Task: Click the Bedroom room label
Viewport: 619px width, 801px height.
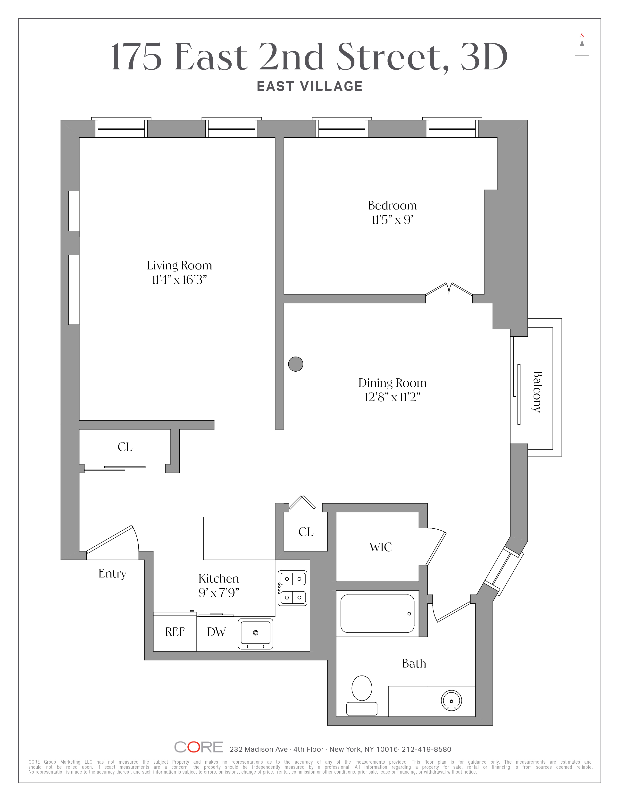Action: [x=392, y=205]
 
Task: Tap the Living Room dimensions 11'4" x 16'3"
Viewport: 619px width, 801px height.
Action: [x=179, y=280]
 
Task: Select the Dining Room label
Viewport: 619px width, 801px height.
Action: [x=392, y=383]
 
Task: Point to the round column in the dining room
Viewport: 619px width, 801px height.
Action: [x=296, y=364]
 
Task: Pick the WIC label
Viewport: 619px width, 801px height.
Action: [x=381, y=547]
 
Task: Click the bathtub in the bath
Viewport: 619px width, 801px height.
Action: [x=377, y=614]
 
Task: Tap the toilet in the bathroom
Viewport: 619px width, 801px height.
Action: [x=362, y=695]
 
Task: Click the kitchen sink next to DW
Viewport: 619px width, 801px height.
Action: [x=256, y=634]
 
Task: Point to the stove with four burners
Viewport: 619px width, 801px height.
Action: [x=292, y=588]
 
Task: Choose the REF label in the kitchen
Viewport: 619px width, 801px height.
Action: [x=175, y=632]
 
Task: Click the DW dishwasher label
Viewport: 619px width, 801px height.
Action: [x=216, y=632]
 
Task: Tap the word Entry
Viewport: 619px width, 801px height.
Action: [x=113, y=574]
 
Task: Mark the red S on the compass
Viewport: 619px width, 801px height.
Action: [x=582, y=36]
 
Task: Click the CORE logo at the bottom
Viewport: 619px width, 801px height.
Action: [x=199, y=747]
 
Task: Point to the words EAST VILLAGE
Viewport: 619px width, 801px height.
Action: [x=310, y=86]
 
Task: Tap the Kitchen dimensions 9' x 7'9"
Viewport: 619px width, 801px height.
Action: [x=219, y=593]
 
